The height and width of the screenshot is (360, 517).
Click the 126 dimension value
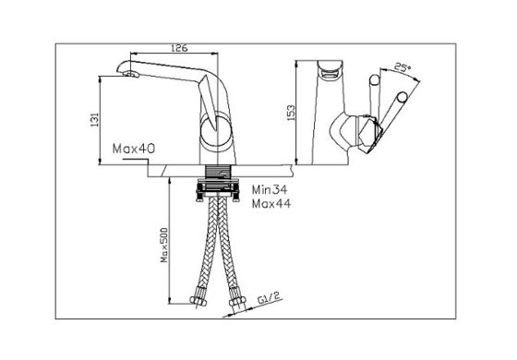[x=179, y=48]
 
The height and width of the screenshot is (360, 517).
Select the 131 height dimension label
[x=94, y=120]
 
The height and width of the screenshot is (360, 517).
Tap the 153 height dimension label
[x=291, y=113]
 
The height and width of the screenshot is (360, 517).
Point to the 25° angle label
[x=403, y=67]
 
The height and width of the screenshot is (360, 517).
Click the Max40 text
[x=134, y=149]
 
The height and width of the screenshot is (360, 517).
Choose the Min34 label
[x=270, y=189]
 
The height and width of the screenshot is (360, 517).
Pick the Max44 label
[x=271, y=204]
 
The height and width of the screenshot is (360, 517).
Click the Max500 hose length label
[x=164, y=245]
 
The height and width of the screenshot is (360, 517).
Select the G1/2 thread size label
[x=270, y=299]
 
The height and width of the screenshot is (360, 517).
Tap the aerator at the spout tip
[x=131, y=74]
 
